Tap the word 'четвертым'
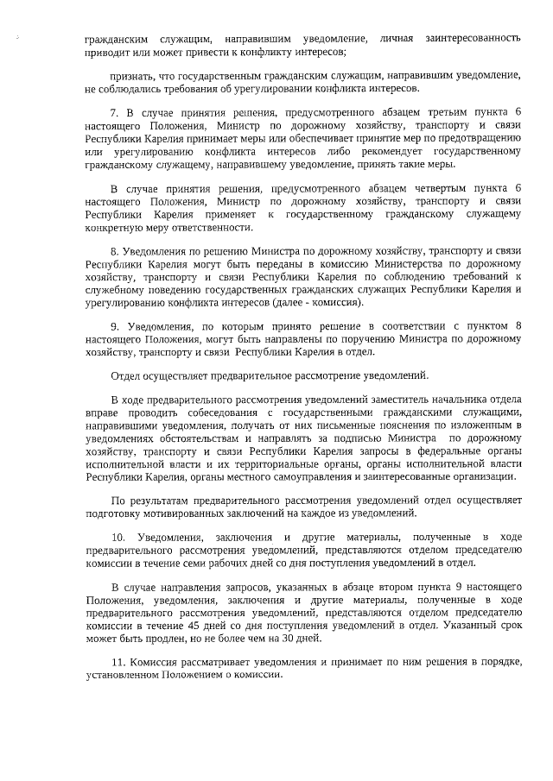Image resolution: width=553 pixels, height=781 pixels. [x=421, y=189]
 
